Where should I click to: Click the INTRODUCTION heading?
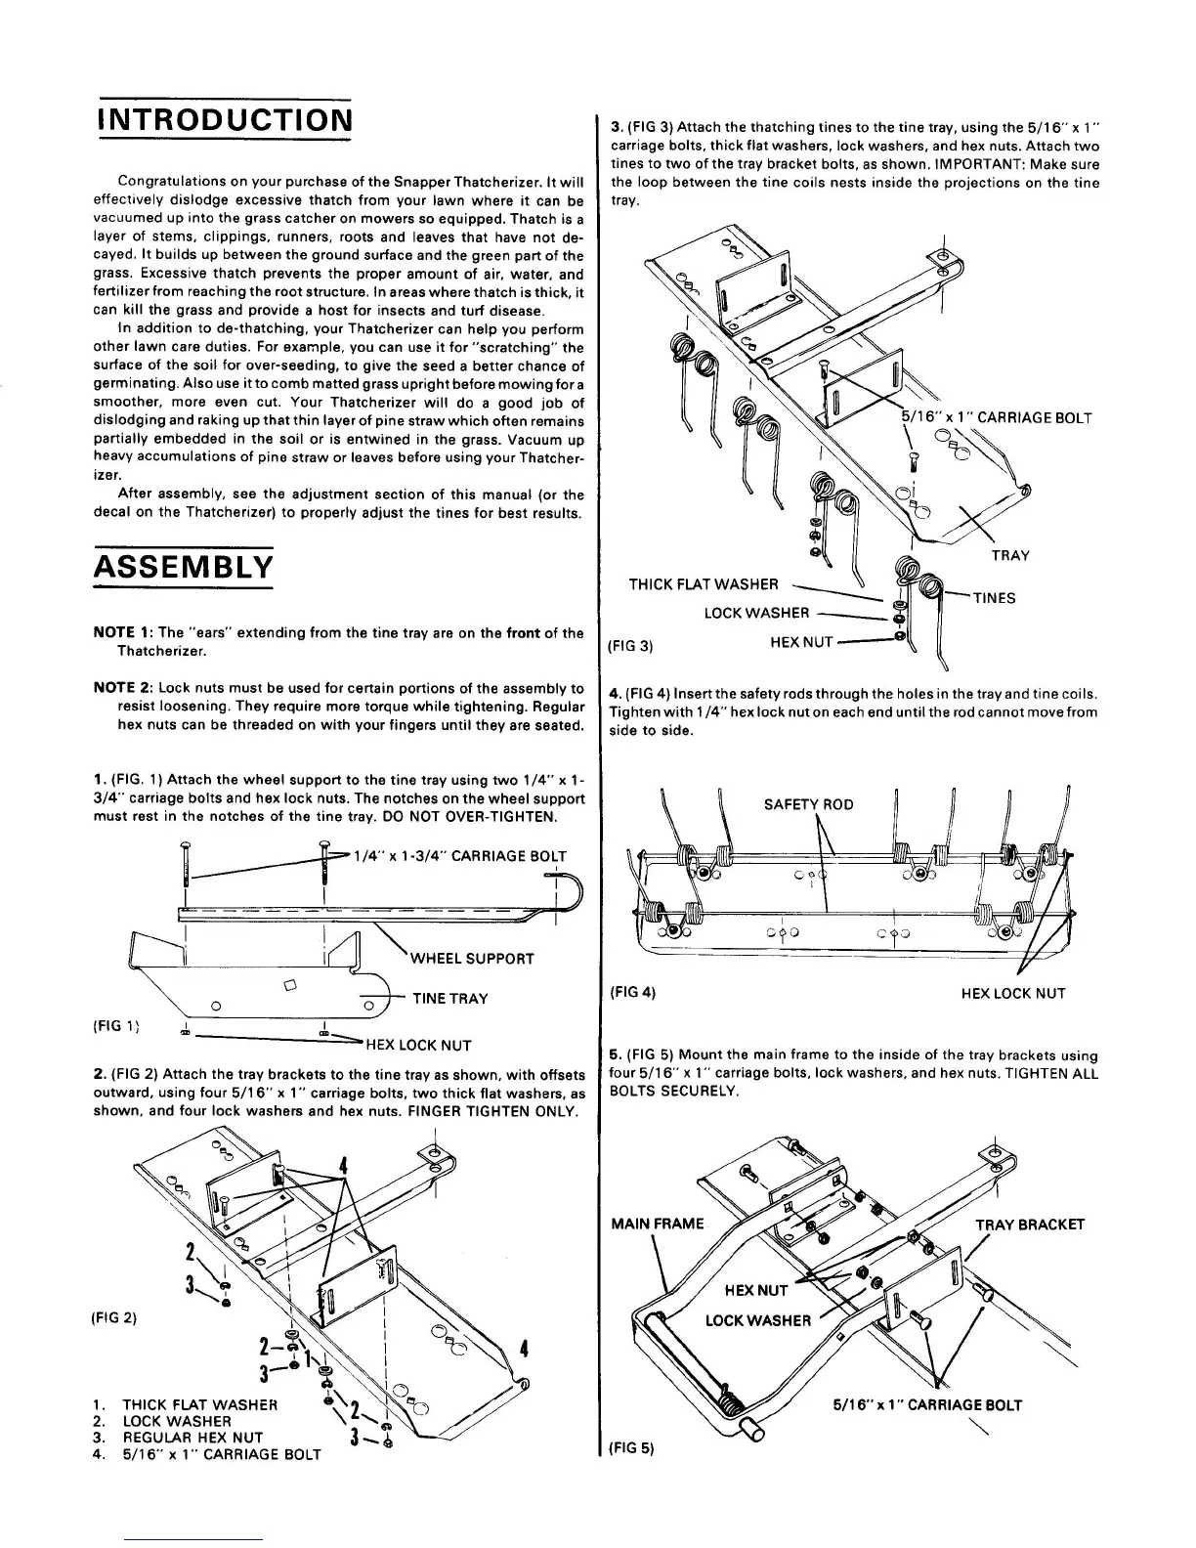click(223, 120)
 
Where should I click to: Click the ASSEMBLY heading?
click(183, 566)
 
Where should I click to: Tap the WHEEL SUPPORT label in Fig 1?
click(472, 958)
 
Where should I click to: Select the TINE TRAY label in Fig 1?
click(449, 998)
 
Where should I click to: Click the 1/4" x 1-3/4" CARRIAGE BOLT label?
click(459, 855)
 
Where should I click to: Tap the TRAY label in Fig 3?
click(1010, 555)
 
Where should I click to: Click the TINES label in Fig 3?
click(994, 598)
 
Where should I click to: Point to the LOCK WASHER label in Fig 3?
click(756, 613)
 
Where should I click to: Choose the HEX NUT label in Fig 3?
click(801, 641)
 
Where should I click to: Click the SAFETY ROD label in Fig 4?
click(808, 804)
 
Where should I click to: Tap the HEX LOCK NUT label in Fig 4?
click(1013, 994)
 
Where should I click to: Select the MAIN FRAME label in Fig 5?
click(657, 1224)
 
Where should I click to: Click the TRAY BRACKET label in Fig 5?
click(1030, 1225)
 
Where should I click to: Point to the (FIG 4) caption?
click(631, 992)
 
